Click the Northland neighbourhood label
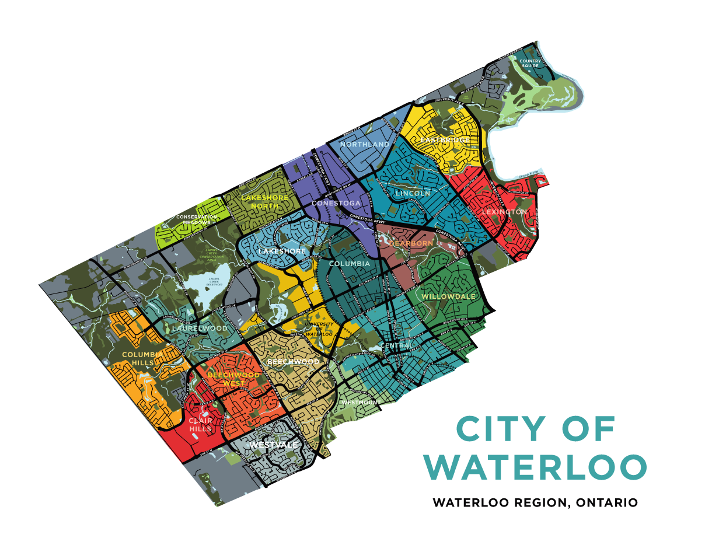click(365, 144)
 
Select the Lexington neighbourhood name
click(504, 212)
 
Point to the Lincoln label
click(413, 193)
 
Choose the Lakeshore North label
click(264, 202)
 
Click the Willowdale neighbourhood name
click(448, 296)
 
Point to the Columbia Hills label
click(138, 358)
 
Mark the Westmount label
click(361, 403)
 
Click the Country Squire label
click(530, 63)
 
